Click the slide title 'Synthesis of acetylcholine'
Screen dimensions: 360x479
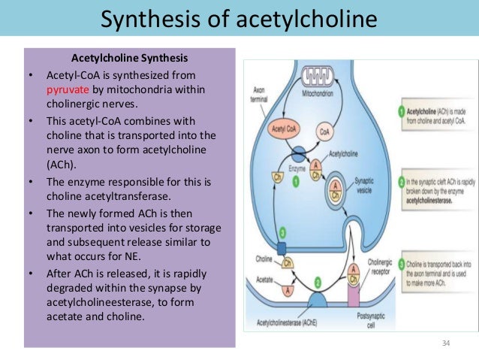[x=239, y=17]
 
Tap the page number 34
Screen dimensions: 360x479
[x=447, y=343]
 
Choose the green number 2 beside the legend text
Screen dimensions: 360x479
[x=400, y=180]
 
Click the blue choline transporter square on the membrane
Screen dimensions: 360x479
[x=282, y=247]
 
